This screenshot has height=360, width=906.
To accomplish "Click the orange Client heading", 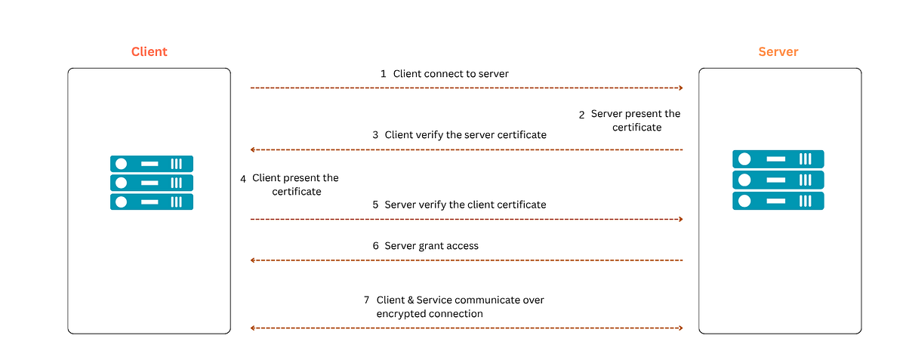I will [x=149, y=52].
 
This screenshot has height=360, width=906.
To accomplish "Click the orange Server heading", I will [x=778, y=52].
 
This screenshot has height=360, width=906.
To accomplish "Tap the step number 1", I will [x=383, y=74].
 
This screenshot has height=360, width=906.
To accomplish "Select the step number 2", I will [x=581, y=115].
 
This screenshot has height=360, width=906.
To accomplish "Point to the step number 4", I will [x=243, y=179].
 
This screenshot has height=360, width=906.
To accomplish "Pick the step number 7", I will [x=367, y=300].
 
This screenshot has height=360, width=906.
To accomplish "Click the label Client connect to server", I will [x=451, y=74].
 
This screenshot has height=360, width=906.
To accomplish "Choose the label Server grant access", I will [x=431, y=246].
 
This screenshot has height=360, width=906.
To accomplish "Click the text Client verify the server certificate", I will [x=465, y=135].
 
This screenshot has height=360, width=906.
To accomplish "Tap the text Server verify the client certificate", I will [x=465, y=205].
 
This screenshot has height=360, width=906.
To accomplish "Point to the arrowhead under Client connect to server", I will [x=680, y=88].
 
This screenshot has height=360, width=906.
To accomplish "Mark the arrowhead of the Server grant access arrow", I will [x=253, y=260].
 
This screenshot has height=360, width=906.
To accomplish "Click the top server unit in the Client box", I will [x=152, y=163].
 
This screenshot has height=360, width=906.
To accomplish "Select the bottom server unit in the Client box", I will [x=152, y=202].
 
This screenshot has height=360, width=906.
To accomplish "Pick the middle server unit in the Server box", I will [x=778, y=180].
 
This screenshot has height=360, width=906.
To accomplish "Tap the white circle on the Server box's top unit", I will [x=744, y=159].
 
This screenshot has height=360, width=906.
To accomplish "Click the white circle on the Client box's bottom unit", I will [x=121, y=202].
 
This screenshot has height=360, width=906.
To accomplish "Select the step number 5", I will [x=375, y=205].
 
